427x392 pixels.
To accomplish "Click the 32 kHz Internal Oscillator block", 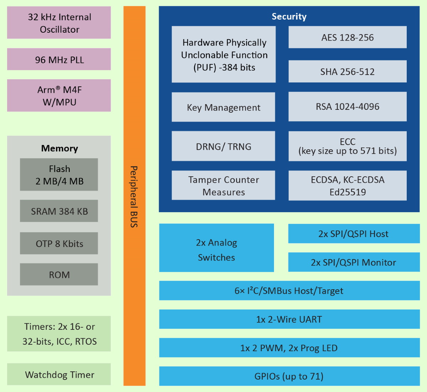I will (59, 23).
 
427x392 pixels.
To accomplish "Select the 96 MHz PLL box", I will (59, 59).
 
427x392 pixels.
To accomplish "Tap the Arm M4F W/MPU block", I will (59, 96).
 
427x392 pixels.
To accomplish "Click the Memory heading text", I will (59, 148).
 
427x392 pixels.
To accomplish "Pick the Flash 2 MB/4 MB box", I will (59, 174).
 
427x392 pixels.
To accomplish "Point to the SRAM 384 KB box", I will (59, 211).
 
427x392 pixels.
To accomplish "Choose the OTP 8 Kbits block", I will (59, 243).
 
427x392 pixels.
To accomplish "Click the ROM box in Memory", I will (59, 274).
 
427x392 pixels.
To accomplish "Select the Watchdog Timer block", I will (59, 374).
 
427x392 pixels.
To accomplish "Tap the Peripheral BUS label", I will (134, 196).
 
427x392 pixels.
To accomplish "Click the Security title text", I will (289, 16).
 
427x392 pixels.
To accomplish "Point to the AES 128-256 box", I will (347, 37).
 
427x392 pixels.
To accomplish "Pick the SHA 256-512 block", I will (347, 71).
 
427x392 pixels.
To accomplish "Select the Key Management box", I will (223, 107).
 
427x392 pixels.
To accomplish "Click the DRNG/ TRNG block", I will (223, 146).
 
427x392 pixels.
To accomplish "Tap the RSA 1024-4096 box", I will (347, 107).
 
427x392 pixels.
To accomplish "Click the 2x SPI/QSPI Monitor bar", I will (354, 262).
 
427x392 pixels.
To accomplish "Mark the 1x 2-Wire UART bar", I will (289, 319).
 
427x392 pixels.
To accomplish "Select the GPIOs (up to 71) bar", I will (289, 376).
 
